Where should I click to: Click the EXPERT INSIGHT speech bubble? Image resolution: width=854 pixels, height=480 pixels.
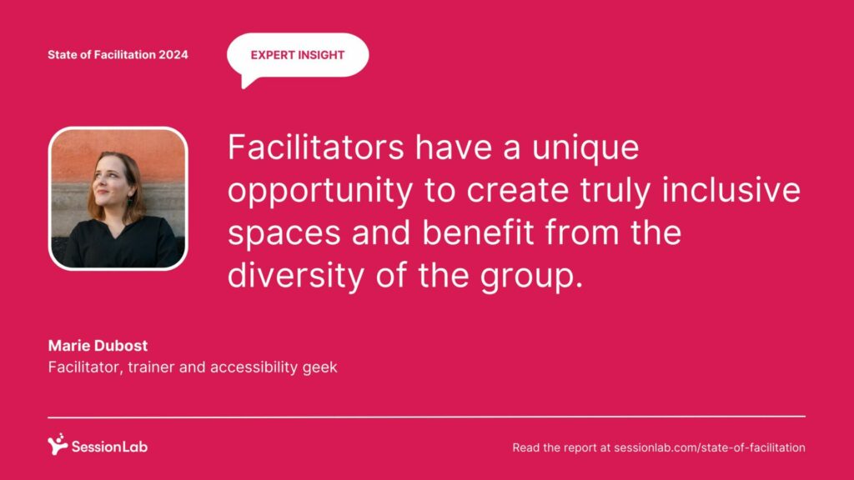[298, 56]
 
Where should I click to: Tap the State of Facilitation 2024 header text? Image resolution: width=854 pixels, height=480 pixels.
[118, 54]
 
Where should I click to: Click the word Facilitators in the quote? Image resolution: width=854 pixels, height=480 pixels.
[316, 147]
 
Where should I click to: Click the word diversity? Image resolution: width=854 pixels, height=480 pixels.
[296, 276]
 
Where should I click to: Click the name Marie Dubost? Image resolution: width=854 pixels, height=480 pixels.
[98, 346]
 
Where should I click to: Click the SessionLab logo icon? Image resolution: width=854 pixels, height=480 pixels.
[58, 444]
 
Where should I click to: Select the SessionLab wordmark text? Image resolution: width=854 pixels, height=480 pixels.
[109, 447]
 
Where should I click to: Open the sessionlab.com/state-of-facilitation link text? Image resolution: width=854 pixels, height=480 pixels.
[710, 447]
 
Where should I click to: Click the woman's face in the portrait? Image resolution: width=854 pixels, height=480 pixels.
[111, 181]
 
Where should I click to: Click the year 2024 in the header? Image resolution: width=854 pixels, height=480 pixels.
[173, 54]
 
